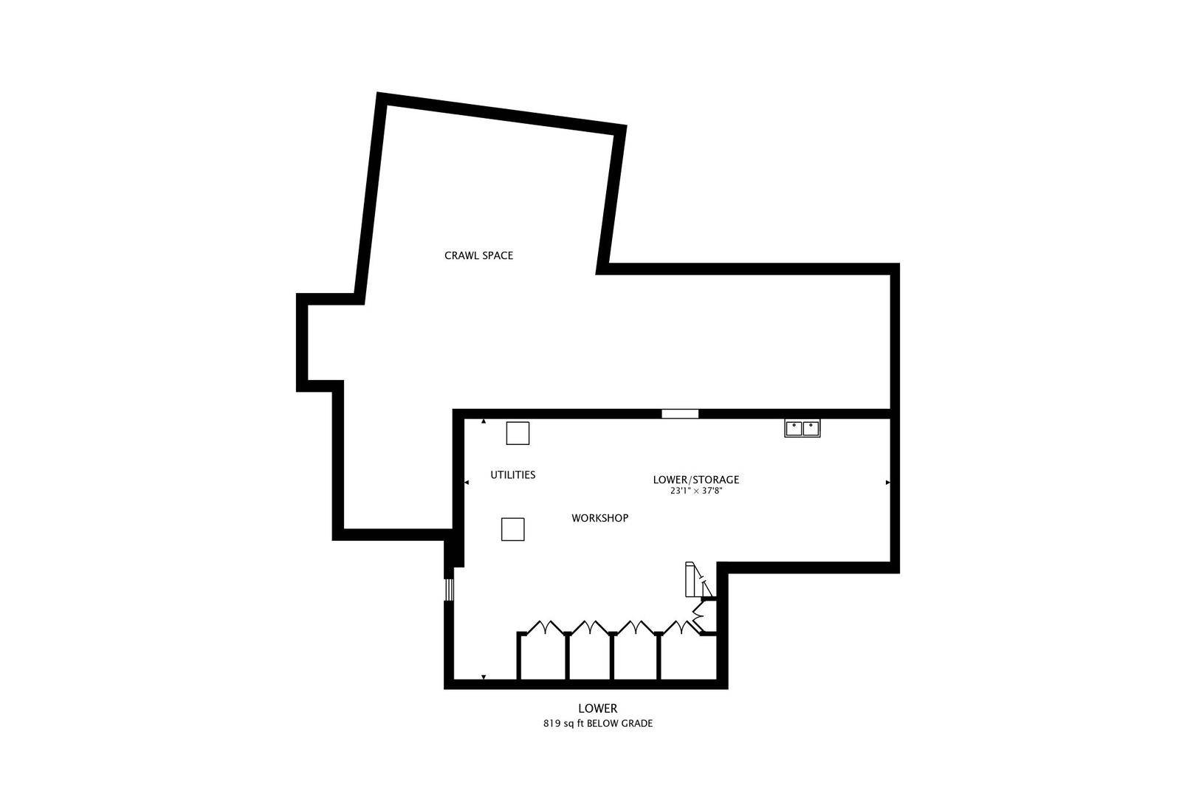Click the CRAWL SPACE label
pyautogui.click(x=478, y=255)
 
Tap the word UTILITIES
pyautogui.click(x=512, y=475)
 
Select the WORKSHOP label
pyautogui.click(x=599, y=518)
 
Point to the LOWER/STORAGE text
pyautogui.click(x=695, y=480)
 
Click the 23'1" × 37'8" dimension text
pyautogui.click(x=695, y=491)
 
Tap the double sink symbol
pyautogui.click(x=802, y=428)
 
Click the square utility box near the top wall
pyautogui.click(x=518, y=433)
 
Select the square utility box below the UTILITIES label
pyautogui.click(x=512, y=529)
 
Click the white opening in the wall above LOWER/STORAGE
pyautogui.click(x=680, y=414)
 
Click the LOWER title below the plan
pyautogui.click(x=597, y=708)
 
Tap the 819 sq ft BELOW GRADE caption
pyautogui.click(x=597, y=724)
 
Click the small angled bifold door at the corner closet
pyautogui.click(x=698, y=616)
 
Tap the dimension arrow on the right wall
pyautogui.click(x=888, y=483)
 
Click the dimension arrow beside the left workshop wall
pyautogui.click(x=467, y=483)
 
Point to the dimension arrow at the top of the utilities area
pyautogui.click(x=484, y=421)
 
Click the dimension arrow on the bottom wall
pyautogui.click(x=484, y=677)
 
